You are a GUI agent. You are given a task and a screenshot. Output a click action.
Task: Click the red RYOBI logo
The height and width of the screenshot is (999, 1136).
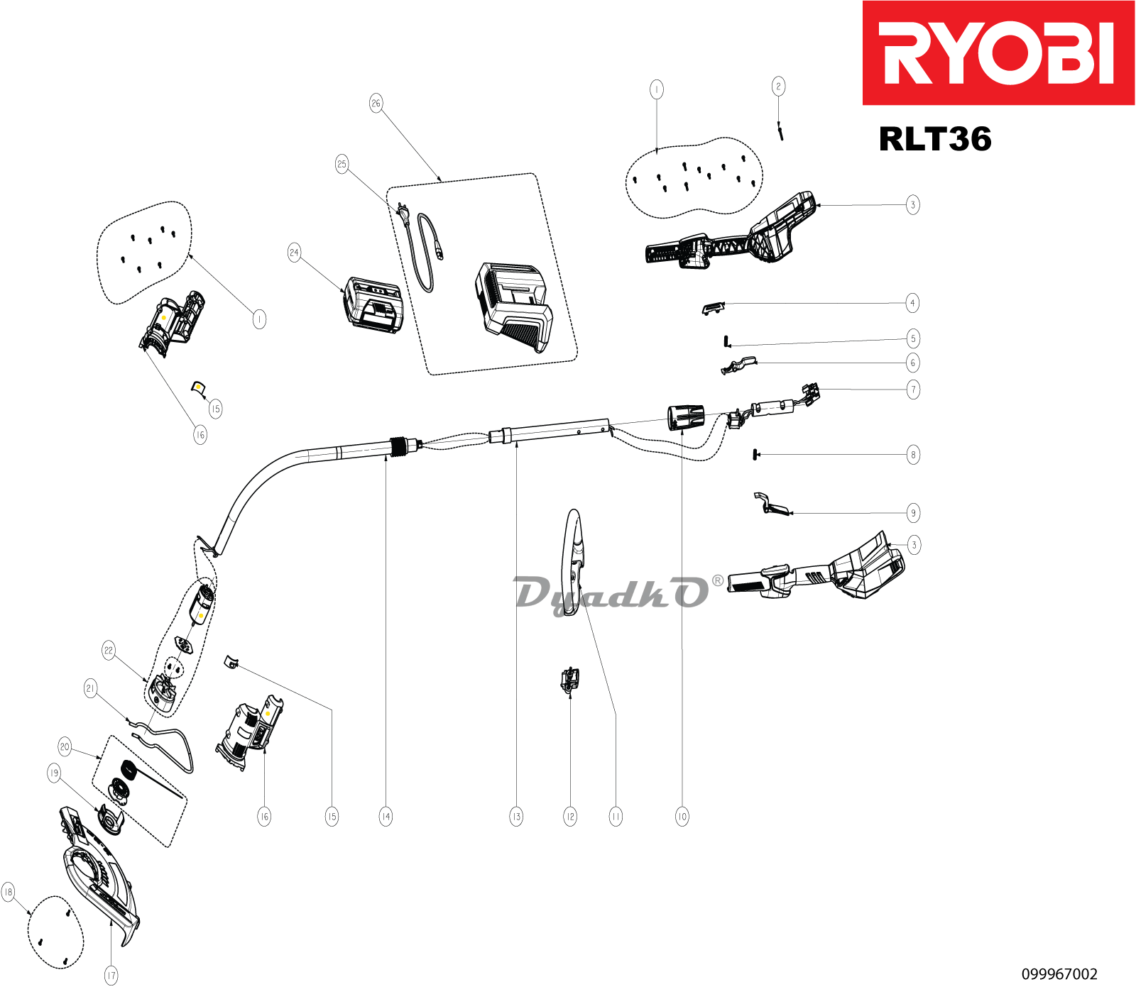[998, 53]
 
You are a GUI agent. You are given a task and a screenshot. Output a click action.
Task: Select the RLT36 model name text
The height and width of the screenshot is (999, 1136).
[934, 139]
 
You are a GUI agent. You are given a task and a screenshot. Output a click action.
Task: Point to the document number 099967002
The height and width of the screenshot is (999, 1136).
[1059, 974]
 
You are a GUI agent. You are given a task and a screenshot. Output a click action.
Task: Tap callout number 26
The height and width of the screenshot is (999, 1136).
[376, 103]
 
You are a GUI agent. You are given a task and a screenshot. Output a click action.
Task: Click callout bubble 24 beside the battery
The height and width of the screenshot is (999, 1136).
[294, 253]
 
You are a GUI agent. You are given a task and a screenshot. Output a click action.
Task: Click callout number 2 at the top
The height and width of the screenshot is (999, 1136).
[778, 87]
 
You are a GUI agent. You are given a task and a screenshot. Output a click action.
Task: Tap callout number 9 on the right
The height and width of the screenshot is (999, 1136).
[913, 513]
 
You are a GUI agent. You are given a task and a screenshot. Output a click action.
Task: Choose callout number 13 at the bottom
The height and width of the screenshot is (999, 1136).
[516, 817]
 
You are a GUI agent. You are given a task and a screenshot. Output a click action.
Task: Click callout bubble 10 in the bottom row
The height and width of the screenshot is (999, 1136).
[682, 817]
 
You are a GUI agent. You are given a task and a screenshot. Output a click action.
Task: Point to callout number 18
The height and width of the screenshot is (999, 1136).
[9, 892]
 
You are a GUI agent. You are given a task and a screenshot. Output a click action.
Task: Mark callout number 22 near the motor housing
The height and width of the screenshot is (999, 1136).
[109, 650]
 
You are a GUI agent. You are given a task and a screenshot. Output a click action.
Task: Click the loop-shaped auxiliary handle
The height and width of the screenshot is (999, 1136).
[574, 561]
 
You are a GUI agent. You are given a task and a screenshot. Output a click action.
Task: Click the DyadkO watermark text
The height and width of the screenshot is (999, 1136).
[611, 595]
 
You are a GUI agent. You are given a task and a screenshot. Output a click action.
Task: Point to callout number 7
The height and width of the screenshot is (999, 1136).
[913, 390]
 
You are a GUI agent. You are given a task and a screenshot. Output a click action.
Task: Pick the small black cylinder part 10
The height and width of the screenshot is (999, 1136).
[685, 417]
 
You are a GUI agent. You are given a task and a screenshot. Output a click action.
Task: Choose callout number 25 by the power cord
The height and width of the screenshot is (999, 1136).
[342, 165]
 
